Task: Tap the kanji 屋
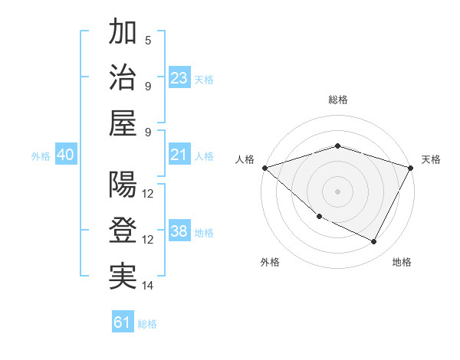point(123,123)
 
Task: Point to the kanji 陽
point(123,185)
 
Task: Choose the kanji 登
point(123,230)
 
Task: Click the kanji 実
point(123,276)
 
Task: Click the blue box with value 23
point(179,78)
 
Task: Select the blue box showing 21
point(179,155)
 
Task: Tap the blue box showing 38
point(179,231)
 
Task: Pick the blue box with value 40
point(65,155)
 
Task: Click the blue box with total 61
point(123,322)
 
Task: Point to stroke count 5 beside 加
point(148,41)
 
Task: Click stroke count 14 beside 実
point(149,286)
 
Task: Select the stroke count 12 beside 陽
point(149,194)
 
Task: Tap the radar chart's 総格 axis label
point(337,100)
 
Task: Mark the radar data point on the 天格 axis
point(411,167)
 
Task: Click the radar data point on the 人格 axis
point(264,167)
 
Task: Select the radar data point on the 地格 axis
point(374,242)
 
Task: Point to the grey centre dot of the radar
point(337,191)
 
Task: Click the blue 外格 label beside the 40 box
point(41,155)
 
